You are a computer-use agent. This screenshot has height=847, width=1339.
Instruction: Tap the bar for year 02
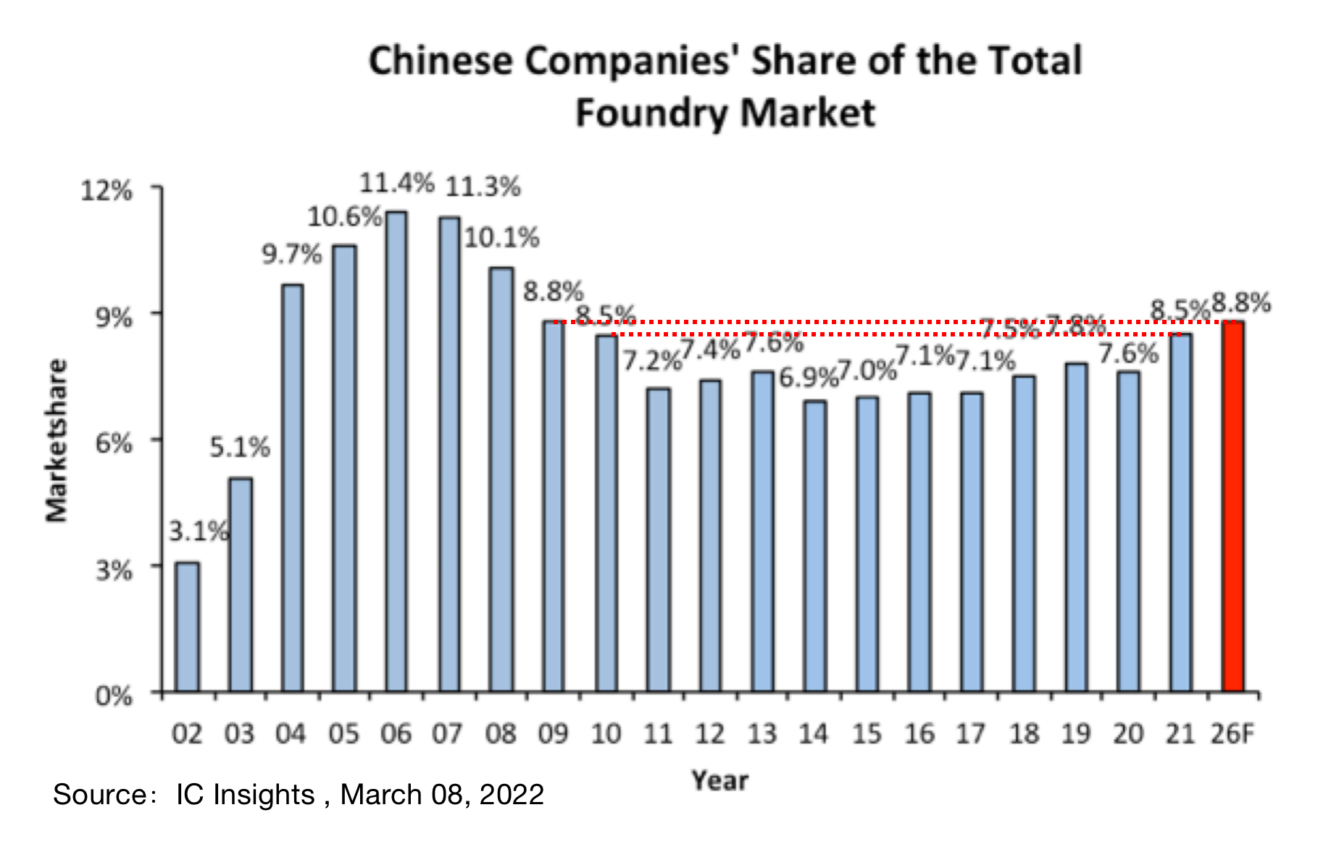187,627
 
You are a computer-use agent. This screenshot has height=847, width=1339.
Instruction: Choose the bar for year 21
1180,512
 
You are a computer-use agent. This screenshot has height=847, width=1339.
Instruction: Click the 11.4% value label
396,183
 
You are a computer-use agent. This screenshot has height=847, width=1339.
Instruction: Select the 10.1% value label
501,237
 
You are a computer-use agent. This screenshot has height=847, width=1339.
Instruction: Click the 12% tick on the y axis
107,191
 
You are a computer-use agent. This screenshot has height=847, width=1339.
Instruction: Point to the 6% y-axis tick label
114,442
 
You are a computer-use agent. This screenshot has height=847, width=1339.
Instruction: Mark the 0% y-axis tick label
114,696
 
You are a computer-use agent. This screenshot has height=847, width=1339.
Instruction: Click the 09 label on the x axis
553,734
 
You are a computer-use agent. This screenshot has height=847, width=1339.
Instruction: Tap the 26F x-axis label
1232,734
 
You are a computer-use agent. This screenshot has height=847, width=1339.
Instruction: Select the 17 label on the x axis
970,734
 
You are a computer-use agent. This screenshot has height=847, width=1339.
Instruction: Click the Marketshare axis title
57,440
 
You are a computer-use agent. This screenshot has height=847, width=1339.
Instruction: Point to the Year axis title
719,780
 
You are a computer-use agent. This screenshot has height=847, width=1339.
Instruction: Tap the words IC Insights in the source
245,795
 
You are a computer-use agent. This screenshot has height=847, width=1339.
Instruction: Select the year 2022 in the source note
512,795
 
